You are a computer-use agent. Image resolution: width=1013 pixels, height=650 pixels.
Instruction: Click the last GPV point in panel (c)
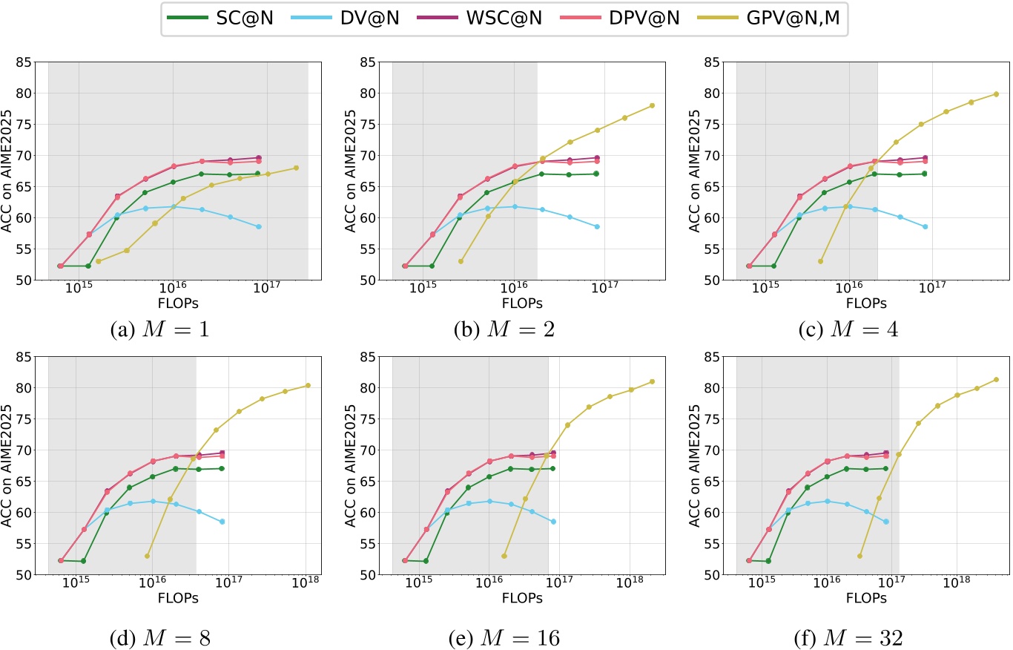pyautogui.click(x=996, y=94)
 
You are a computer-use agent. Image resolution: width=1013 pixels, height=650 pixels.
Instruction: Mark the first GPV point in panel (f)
pyautogui.click(x=859, y=556)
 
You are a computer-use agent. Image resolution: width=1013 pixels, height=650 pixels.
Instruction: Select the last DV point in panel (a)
pyautogui.click(x=259, y=226)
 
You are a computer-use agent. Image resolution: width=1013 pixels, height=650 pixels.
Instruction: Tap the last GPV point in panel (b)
pyautogui.click(x=652, y=105)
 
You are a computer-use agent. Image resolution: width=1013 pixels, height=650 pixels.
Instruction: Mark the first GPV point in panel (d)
pyautogui.click(x=148, y=556)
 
